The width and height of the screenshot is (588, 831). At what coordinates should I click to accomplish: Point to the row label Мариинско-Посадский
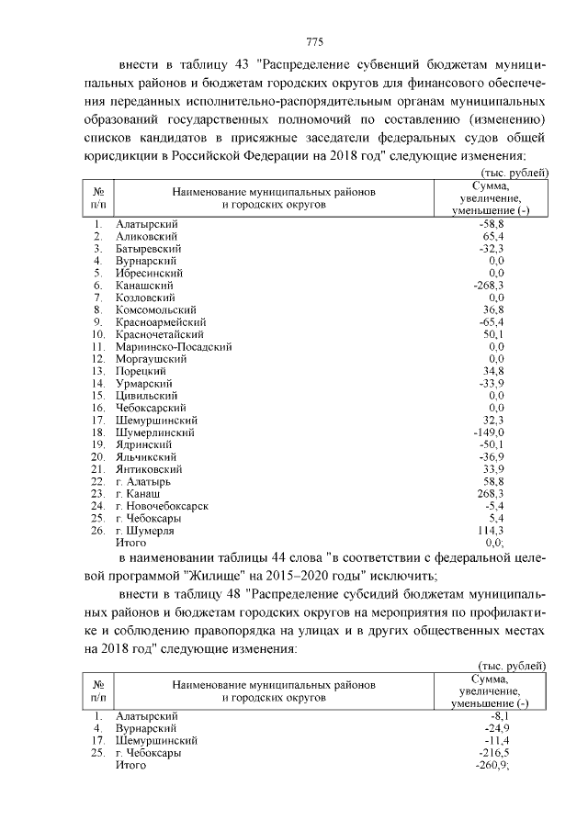click(175, 346)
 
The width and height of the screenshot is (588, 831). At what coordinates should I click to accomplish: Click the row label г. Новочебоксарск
click(162, 505)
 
